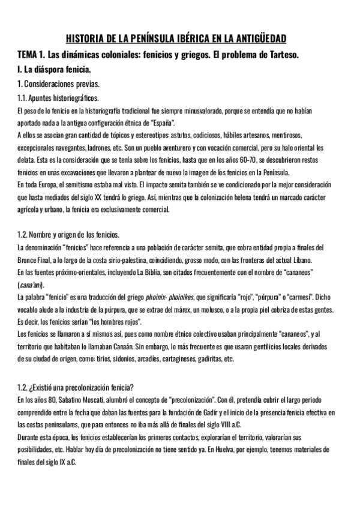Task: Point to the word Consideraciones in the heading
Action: pos(50,83)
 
